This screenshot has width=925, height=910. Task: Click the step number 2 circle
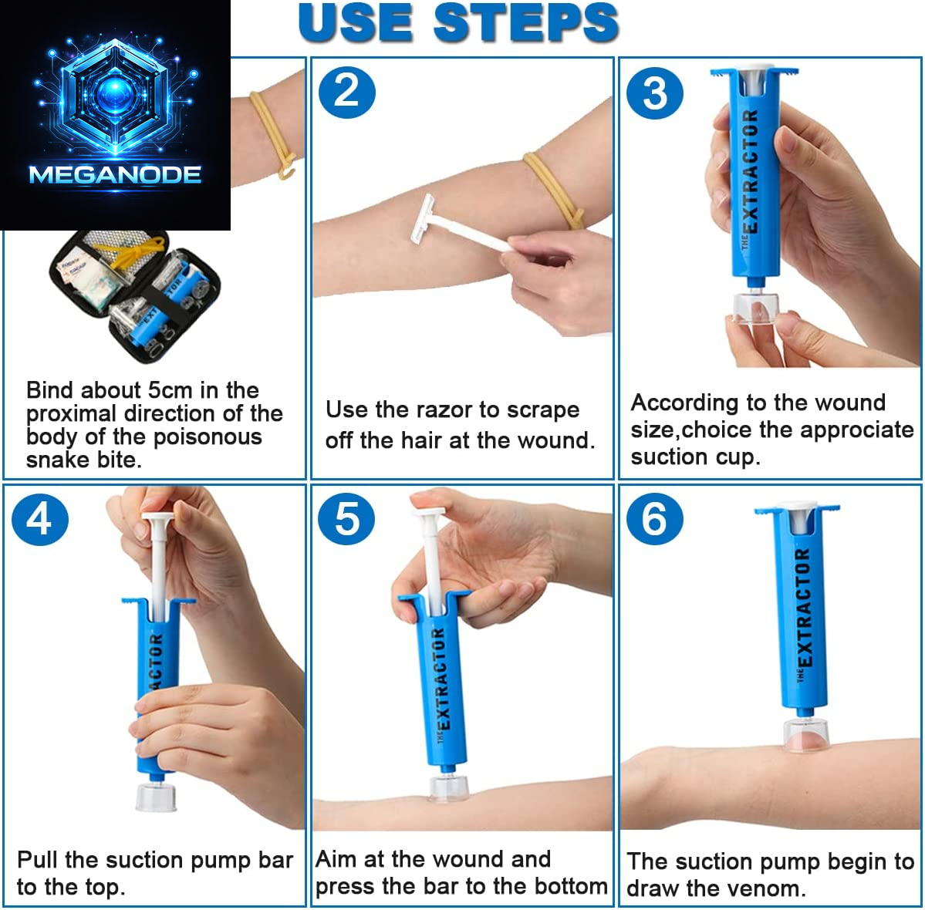point(346,92)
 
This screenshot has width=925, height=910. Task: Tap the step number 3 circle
point(654,93)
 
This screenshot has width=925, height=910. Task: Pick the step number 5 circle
point(346,518)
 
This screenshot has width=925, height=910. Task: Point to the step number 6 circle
point(654,518)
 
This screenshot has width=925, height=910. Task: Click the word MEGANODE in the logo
point(115,175)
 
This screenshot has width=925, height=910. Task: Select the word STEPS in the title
point(526,23)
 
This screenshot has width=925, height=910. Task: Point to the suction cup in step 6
point(805,736)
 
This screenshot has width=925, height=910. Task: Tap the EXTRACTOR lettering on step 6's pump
point(802,609)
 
